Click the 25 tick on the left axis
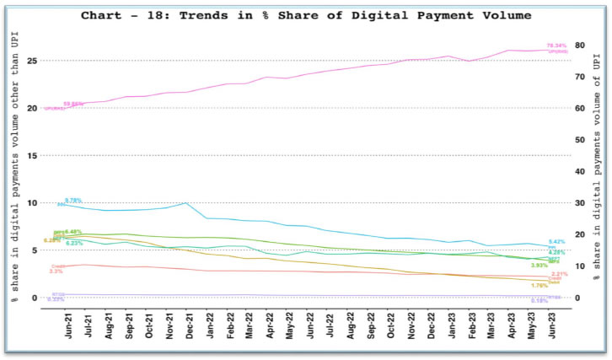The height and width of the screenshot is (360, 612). [32, 61]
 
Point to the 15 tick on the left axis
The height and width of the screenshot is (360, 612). [32, 155]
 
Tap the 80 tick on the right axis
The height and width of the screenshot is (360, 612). [580, 45]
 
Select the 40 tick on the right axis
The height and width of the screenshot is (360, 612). [580, 171]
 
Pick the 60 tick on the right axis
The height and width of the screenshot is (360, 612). [580, 108]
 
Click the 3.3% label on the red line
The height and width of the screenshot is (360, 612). [56, 271]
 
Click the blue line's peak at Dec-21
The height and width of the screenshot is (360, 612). [187, 203]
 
